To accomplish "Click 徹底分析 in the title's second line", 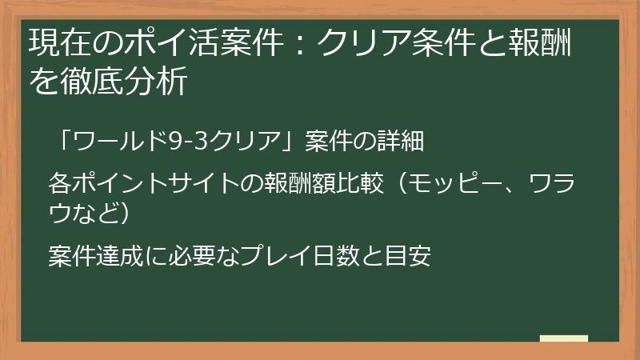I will (x=134, y=81).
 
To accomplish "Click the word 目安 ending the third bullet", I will (x=410, y=257).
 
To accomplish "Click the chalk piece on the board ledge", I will (x=563, y=338).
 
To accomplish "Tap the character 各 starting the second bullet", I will (x=59, y=182).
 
